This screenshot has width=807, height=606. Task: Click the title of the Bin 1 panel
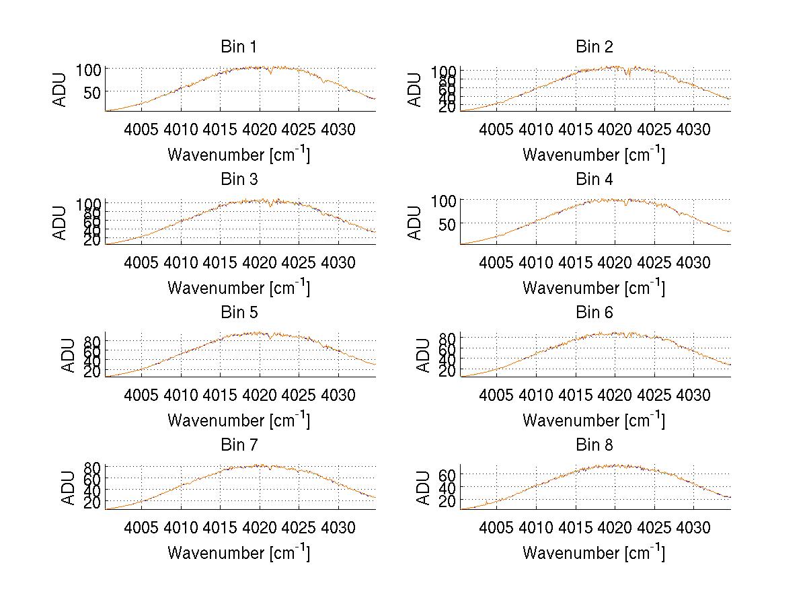[x=238, y=47]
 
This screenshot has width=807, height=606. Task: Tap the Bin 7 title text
[x=238, y=445]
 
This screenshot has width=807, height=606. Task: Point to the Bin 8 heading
[x=594, y=445]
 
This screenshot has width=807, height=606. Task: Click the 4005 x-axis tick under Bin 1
[x=142, y=129]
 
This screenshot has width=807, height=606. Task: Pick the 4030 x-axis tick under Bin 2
[x=693, y=129]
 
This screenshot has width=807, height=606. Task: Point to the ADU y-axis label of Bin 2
[x=416, y=89]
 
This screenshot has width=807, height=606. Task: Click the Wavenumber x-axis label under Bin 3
[x=239, y=287]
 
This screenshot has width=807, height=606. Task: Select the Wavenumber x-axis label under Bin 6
[x=594, y=420]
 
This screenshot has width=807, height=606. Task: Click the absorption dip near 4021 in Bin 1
[x=270, y=73]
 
